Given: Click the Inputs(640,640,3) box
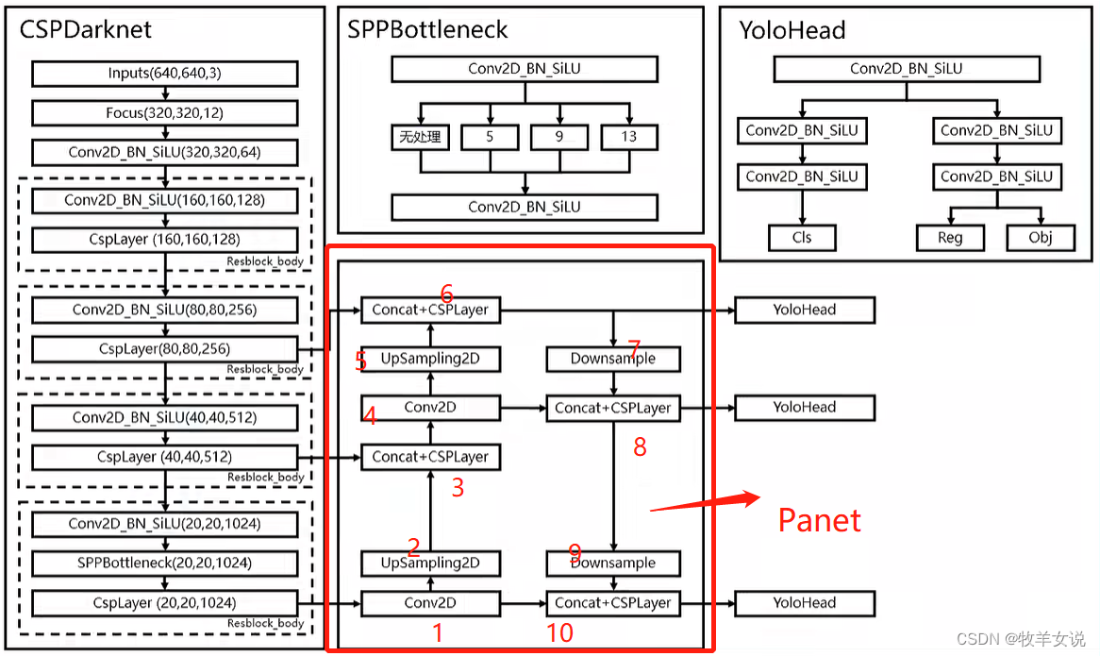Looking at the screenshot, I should (165, 74).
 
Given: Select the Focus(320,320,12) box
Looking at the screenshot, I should (165, 113).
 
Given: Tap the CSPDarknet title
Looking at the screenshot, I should (86, 29).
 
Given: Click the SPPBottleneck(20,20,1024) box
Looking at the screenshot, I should (165, 563).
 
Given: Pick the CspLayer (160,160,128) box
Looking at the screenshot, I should (165, 240).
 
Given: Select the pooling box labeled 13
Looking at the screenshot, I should (629, 137).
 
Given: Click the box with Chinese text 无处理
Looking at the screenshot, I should (420, 137).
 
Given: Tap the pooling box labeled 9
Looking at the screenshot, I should (559, 137).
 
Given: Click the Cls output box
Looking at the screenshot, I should (802, 237).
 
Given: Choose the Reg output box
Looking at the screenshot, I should (949, 237).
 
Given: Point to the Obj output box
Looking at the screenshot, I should (1041, 237).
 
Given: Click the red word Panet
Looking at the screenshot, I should (819, 520).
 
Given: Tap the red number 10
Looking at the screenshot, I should (559, 632).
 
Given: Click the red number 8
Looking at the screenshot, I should (640, 446).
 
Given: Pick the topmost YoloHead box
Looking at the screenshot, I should (805, 310).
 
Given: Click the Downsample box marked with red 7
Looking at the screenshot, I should (613, 359).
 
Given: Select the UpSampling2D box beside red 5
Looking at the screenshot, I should (430, 359).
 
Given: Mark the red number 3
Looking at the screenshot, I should (458, 488).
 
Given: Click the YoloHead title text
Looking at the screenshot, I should (792, 30).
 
